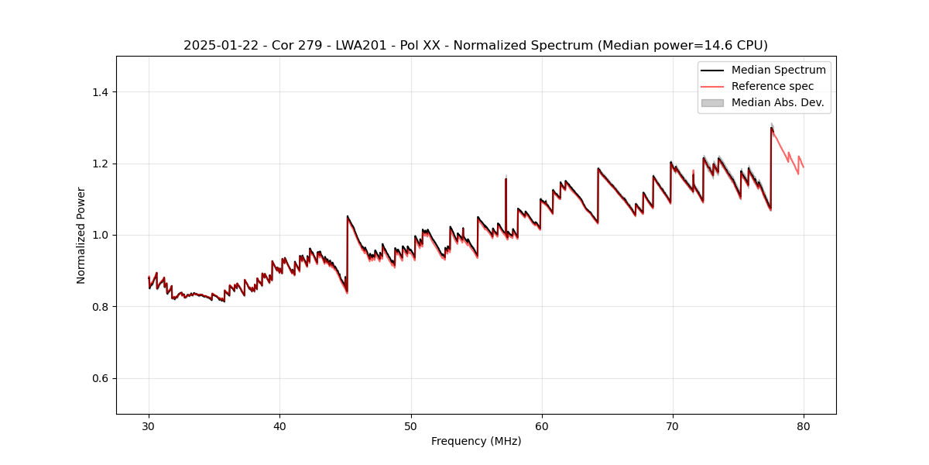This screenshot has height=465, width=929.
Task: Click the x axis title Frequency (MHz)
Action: point(476,441)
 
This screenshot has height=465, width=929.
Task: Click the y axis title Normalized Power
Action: point(81,235)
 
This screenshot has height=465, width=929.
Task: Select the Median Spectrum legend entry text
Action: point(778,70)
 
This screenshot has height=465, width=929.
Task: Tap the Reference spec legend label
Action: point(773,86)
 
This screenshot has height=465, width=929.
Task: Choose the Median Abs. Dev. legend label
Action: point(777,102)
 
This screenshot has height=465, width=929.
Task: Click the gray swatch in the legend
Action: point(712,102)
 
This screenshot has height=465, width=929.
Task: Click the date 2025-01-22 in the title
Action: point(219,46)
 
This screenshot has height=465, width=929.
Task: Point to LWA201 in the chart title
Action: point(355,46)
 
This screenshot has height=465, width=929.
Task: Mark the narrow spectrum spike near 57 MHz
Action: point(506,182)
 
